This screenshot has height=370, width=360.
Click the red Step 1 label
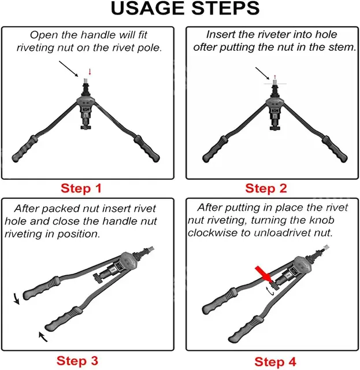[x=81, y=188]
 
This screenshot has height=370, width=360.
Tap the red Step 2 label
[x=266, y=188]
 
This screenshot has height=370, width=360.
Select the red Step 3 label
[x=77, y=361]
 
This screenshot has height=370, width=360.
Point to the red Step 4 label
[x=275, y=362]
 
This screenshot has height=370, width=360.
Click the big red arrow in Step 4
[x=263, y=273]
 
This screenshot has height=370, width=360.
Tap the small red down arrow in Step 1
[x=90, y=72]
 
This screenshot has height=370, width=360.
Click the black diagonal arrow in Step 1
[x=68, y=69]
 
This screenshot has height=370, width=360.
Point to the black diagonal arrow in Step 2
[x=262, y=73]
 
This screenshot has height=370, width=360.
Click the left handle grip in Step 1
[x=25, y=149]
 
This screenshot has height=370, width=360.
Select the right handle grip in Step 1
[x=147, y=149]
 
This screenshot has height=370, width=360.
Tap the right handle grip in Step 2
[x=335, y=149]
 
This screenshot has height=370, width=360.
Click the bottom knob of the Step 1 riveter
[x=86, y=127]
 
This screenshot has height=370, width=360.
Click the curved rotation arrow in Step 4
[x=270, y=291]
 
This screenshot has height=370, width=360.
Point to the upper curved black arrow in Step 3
[x=16, y=298]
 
